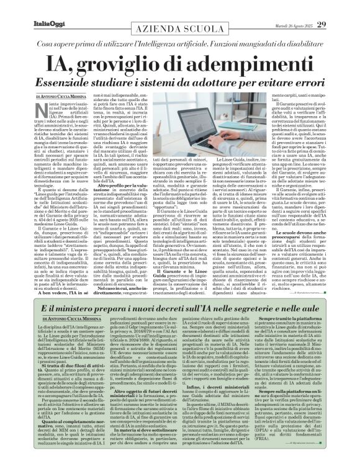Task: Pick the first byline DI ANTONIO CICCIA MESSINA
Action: pyautogui.click(x=52, y=102)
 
